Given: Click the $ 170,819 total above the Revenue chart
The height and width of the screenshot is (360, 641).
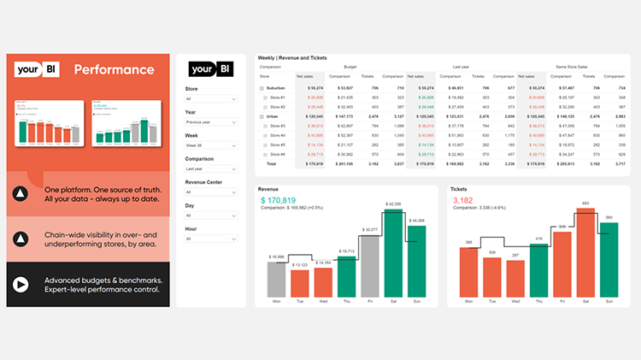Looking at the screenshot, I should point(285,200).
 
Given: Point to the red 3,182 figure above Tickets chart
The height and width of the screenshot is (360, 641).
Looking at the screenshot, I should point(463,200).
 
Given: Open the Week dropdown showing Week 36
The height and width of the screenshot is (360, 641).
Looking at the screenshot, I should point(210,145).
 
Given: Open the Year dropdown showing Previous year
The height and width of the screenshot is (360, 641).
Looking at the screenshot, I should point(210,122).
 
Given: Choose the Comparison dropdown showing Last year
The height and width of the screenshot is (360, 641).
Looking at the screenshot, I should point(210,168).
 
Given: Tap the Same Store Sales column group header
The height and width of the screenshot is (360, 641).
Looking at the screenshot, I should point(585,65).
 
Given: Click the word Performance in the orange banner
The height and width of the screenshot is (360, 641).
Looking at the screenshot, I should point(114,69).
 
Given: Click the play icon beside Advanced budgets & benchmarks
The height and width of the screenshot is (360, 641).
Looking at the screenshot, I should point(21,284).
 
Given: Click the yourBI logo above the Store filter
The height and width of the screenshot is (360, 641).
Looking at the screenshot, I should point(211,69).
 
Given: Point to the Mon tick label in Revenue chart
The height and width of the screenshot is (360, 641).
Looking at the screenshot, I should point(276,301).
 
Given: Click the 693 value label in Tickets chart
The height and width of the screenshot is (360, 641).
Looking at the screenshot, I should point(585,203).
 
